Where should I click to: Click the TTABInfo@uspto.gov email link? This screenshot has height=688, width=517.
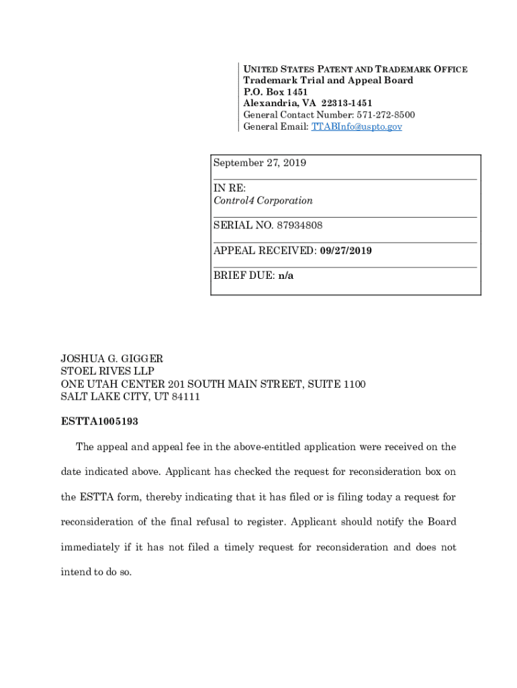click(357, 126)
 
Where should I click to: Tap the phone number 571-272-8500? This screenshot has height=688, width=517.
click(381, 115)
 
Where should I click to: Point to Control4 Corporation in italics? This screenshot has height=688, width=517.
click(263, 200)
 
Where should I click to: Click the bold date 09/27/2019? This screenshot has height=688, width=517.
click(346, 251)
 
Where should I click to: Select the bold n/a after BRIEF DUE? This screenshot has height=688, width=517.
click(286, 276)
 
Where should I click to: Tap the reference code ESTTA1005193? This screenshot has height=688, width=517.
click(100, 422)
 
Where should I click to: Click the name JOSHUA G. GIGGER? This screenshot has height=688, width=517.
click(112, 359)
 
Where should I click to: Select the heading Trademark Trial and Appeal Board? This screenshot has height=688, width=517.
click(328, 81)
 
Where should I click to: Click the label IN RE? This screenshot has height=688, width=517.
click(230, 188)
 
